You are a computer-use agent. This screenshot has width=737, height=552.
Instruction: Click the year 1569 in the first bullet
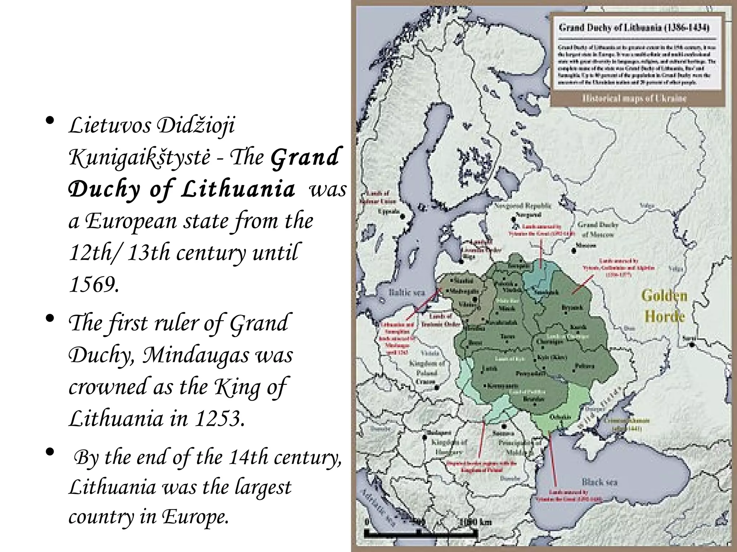pyautogui.click(x=93, y=285)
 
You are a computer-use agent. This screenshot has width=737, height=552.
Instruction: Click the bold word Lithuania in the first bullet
pyautogui.click(x=238, y=189)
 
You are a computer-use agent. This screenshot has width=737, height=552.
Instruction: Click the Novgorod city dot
pyautogui.click(x=512, y=218)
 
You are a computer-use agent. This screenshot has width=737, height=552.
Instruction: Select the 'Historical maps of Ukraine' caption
pyautogui.click(x=634, y=98)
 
